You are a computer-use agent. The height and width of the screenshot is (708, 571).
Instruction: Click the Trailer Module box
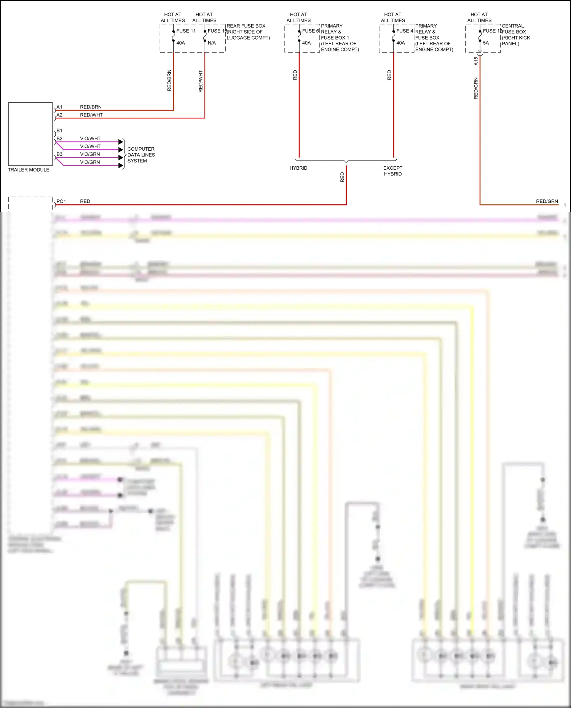click(x=30, y=134)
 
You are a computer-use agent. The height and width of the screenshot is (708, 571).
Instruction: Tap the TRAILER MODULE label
click(x=29, y=170)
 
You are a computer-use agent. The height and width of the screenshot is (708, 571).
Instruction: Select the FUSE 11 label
click(x=186, y=31)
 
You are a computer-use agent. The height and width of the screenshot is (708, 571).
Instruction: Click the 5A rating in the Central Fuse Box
click(x=486, y=43)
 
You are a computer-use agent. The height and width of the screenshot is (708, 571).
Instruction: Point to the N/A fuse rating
click(x=212, y=43)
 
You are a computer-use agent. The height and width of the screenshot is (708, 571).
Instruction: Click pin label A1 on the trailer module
click(x=59, y=107)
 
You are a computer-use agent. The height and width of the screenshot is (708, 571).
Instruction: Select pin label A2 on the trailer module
click(x=59, y=115)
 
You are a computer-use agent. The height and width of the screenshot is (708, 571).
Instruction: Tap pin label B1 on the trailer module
click(x=59, y=130)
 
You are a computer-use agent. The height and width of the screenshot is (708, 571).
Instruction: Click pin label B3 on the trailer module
click(x=59, y=154)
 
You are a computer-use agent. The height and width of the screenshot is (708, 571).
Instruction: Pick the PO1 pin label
click(x=61, y=201)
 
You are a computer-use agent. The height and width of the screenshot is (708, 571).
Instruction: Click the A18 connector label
click(x=476, y=61)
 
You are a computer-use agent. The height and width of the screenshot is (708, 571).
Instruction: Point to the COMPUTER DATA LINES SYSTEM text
click(x=141, y=155)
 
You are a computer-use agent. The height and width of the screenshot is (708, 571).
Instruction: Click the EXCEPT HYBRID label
click(x=392, y=171)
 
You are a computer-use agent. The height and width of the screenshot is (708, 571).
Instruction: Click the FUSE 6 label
click(x=310, y=31)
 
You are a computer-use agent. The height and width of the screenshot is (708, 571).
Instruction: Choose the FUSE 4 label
click(x=404, y=31)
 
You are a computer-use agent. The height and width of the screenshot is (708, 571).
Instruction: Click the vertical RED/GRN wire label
click(x=476, y=88)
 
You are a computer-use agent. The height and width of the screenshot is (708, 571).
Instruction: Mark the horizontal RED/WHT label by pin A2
click(x=91, y=115)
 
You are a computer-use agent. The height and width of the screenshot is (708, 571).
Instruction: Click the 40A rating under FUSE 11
click(x=180, y=43)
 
